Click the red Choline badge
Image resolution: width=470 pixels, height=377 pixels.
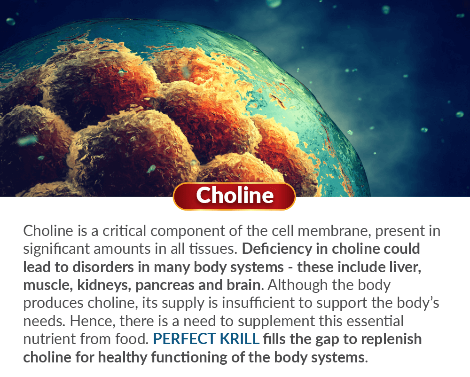tap(235, 196)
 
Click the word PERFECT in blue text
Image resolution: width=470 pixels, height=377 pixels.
tap(184, 339)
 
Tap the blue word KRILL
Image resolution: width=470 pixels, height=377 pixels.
tap(240, 339)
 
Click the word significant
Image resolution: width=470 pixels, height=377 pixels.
tap(56, 249)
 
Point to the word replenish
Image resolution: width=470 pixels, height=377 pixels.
tap(391, 339)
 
